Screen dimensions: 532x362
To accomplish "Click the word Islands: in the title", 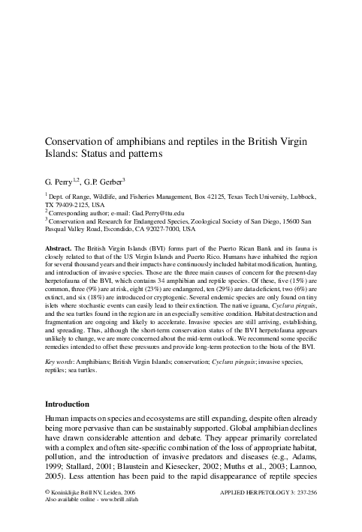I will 65,158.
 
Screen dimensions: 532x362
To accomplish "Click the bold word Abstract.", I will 59,245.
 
